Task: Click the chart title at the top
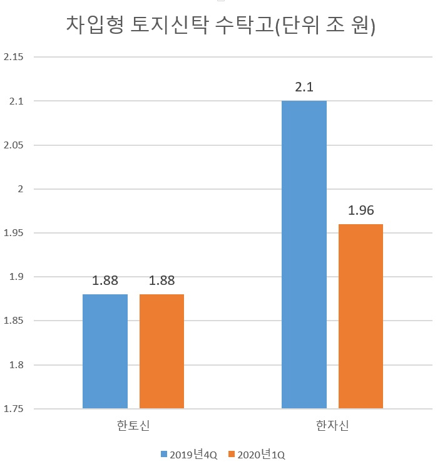pos(220,25)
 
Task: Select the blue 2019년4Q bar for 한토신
pos(105,351)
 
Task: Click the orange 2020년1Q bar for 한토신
pos(161,351)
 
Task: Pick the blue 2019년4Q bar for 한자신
pos(304,254)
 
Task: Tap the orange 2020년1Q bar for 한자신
pos(361,316)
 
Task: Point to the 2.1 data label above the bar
pos(304,87)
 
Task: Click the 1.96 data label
pos(361,210)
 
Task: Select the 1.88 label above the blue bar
pos(105,281)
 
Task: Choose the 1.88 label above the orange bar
pos(161,281)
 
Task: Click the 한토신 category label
pos(133,425)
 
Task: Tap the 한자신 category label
pos(332,425)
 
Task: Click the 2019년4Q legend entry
pos(189,454)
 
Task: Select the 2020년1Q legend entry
pos(257,454)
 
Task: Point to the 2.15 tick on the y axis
pos(13,57)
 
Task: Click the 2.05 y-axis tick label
pos(13,145)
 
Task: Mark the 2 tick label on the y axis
pos(21,189)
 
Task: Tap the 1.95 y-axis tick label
pos(13,233)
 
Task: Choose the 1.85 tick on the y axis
pos(13,321)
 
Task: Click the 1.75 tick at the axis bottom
pos(13,409)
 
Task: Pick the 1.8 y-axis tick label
pos(16,365)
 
